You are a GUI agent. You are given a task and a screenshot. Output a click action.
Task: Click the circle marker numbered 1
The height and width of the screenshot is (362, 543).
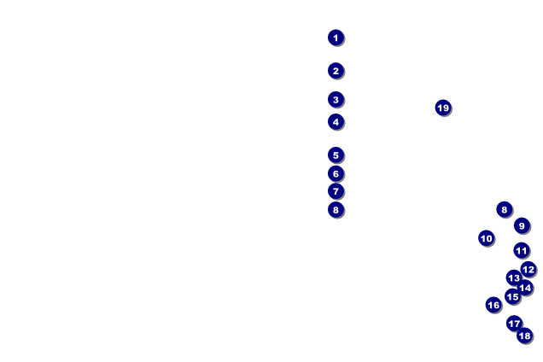pyautogui.click(x=336, y=38)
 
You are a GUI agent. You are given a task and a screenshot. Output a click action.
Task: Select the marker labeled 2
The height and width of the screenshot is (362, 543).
pyautogui.click(x=336, y=71)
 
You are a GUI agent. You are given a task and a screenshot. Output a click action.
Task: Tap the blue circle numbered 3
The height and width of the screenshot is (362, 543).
pyautogui.click(x=336, y=99)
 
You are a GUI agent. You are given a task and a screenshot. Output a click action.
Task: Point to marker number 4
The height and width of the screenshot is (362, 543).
pyautogui.click(x=336, y=121)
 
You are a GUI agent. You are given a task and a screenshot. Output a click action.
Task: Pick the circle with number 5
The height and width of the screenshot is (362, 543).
pyautogui.click(x=336, y=155)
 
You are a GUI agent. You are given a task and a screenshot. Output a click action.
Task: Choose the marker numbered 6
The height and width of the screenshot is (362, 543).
pyautogui.click(x=336, y=173)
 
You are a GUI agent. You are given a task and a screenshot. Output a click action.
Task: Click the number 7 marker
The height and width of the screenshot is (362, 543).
pyautogui.click(x=336, y=191)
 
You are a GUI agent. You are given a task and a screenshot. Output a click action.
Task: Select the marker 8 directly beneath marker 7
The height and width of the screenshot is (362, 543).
pyautogui.click(x=336, y=209)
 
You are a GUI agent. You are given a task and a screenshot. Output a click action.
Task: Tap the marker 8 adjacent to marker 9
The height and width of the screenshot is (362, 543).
pyautogui.click(x=505, y=209)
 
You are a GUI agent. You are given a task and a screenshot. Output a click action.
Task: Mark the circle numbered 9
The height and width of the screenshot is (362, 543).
pyautogui.click(x=522, y=225)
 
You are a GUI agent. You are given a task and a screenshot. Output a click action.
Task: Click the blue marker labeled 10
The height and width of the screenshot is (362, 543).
pyautogui.click(x=486, y=238)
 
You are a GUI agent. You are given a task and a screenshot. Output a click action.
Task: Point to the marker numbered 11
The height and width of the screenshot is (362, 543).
pyautogui.click(x=522, y=250)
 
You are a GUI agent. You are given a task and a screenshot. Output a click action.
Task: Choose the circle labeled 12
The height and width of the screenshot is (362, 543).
pyautogui.click(x=528, y=269)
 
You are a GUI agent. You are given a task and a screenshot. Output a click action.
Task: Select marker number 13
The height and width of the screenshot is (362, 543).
pyautogui.click(x=514, y=277)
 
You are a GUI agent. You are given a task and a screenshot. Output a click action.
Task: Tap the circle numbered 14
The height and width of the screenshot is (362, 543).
pyautogui.click(x=525, y=288)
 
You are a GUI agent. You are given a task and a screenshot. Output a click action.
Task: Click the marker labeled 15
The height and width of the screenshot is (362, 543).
pyautogui.click(x=513, y=296)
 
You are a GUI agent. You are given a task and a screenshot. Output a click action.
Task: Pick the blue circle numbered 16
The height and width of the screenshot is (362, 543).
pyautogui.click(x=493, y=305)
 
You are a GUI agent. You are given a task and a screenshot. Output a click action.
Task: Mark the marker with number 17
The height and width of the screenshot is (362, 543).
pyautogui.click(x=514, y=324)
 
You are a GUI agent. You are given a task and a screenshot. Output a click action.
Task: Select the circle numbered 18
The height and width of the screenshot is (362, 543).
pyautogui.click(x=525, y=336)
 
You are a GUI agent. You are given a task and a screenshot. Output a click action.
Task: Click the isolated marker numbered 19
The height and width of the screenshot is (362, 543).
pyautogui.click(x=443, y=108)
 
